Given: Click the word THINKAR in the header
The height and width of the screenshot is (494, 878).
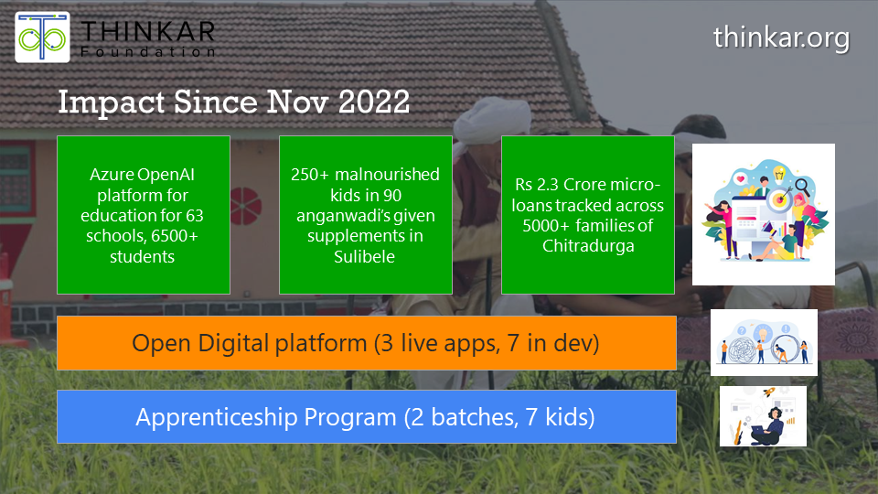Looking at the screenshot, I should [x=148, y=30].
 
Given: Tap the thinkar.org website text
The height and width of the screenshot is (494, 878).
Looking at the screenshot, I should [x=781, y=38].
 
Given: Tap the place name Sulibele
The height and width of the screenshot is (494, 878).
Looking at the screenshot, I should [x=365, y=258].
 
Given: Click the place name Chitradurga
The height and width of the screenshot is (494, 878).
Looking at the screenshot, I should [x=587, y=246].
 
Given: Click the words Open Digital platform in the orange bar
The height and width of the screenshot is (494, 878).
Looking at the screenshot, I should [x=248, y=343].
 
